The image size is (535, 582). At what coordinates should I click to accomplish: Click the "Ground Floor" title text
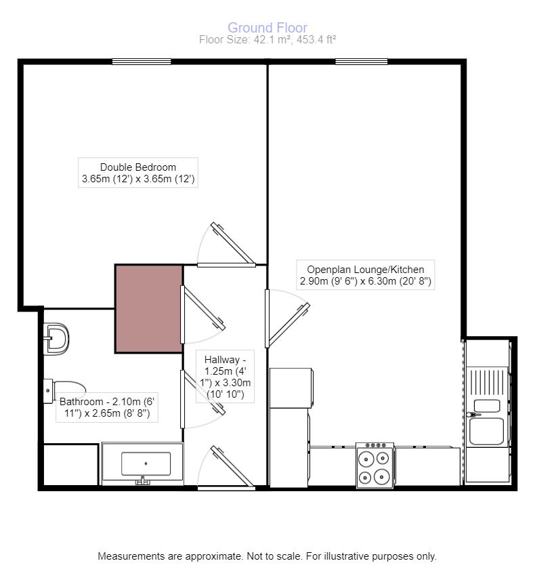[267, 28]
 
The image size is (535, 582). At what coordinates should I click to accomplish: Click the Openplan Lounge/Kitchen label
[366, 275]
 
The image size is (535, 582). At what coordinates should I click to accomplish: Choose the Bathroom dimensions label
[107, 407]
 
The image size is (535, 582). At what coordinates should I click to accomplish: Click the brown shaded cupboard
[148, 309]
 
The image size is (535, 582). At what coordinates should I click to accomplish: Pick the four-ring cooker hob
[375, 465]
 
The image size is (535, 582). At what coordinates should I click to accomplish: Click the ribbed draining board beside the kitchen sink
[487, 383]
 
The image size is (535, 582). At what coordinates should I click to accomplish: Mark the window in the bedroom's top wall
[141, 62]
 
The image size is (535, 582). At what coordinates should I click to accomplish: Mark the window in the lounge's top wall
[362, 62]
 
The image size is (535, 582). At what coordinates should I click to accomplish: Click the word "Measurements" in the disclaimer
[130, 556]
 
